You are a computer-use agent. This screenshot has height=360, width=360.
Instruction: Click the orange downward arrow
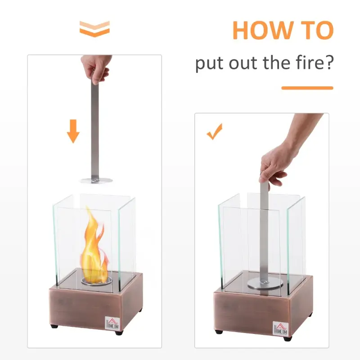coord(73,131)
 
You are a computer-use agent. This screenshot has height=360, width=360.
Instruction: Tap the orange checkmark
coord(215,131)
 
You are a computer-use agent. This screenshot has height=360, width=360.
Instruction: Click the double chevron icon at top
coord(94,29)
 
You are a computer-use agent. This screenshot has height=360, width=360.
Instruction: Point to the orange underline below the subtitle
coord(307,88)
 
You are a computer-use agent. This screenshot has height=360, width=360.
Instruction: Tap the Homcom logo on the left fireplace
coord(112,323)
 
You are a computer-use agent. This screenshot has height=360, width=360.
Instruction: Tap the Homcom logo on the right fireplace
coord(280,328)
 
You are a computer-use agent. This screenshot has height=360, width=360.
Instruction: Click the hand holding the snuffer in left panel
coord(96,68)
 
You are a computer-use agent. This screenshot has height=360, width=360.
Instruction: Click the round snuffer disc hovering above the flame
coord(96,180)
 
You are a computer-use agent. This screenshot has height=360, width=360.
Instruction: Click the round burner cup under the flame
coord(96,282)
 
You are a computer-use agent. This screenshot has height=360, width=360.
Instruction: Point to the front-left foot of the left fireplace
coord(54,326)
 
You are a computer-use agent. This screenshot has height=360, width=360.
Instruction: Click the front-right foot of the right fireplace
coord(288,338)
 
